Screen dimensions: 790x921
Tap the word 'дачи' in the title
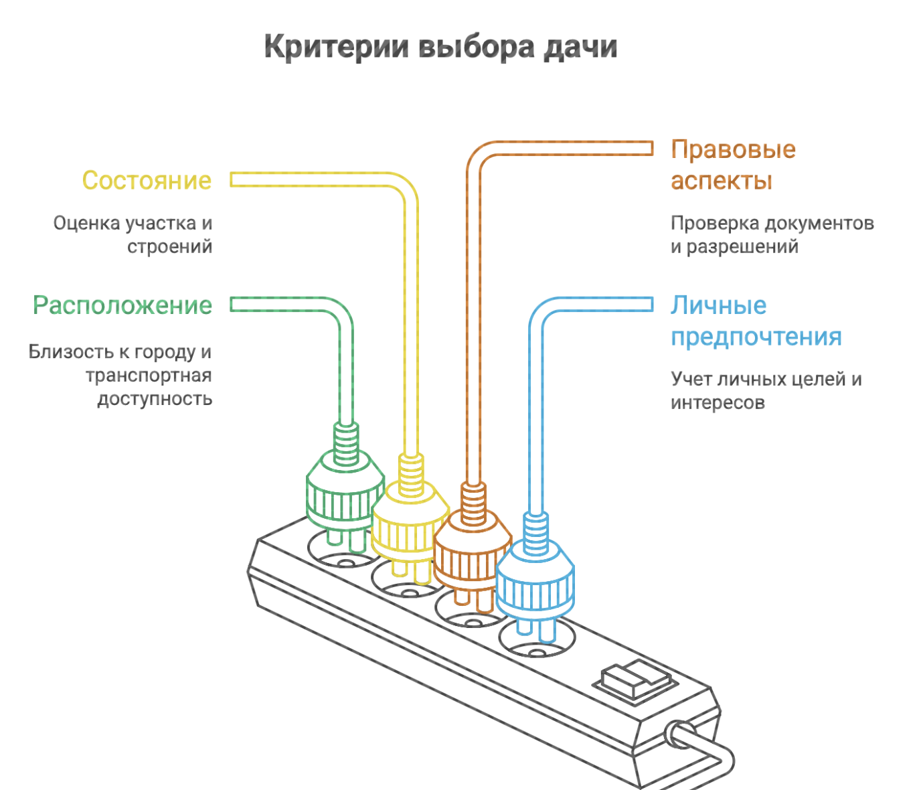(x=580, y=48)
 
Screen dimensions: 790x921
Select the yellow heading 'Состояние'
(x=147, y=181)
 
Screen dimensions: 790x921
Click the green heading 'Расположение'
(x=122, y=305)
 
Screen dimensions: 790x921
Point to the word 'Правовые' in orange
(x=733, y=149)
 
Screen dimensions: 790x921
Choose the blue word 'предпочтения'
(x=756, y=337)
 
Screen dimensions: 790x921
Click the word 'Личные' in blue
(x=718, y=305)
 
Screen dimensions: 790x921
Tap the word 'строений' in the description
(x=170, y=246)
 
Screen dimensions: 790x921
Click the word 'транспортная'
(x=149, y=376)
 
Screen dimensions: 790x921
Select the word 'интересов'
(x=718, y=403)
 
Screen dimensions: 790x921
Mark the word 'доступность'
(x=155, y=399)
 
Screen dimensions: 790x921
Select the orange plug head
(x=472, y=556)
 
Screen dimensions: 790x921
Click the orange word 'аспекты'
(x=722, y=181)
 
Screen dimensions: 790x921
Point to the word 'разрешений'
(x=742, y=246)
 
